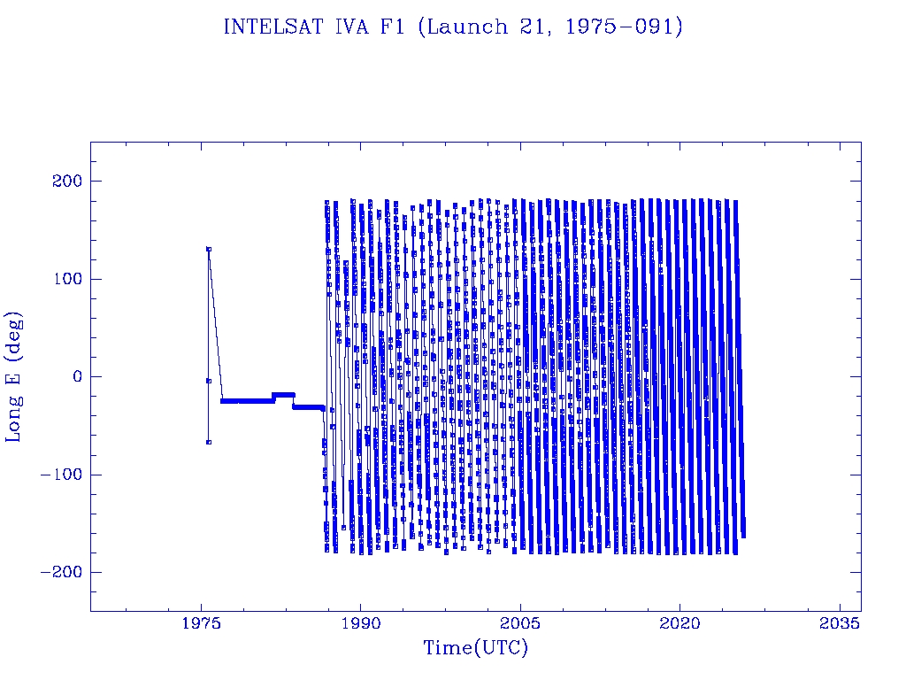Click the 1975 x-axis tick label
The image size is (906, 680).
pyautogui.click(x=202, y=623)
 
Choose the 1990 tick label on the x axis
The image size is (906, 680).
pyautogui.click(x=361, y=623)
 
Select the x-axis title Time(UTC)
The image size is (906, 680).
pyautogui.click(x=475, y=648)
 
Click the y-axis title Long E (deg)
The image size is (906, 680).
pyautogui.click(x=15, y=376)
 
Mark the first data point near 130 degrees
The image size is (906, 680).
pyautogui.click(x=209, y=249)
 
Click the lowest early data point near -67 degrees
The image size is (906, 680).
pyautogui.click(x=209, y=442)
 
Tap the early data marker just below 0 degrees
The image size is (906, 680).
pyautogui.click(x=209, y=381)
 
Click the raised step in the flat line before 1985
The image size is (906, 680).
pyautogui.click(x=283, y=394)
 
